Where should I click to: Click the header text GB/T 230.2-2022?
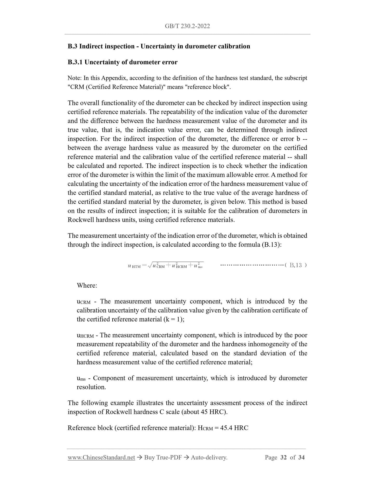tap(187, 26)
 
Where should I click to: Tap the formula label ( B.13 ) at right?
tap(296, 265)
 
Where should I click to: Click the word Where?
tap(87, 286)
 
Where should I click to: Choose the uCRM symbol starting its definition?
tap(84, 302)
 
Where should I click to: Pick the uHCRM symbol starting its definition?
tap(85, 335)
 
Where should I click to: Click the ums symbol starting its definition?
tap(81, 378)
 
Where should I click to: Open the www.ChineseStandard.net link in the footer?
tap(101, 458)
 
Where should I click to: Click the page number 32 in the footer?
tap(283, 458)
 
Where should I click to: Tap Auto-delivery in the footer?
tap(209, 458)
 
